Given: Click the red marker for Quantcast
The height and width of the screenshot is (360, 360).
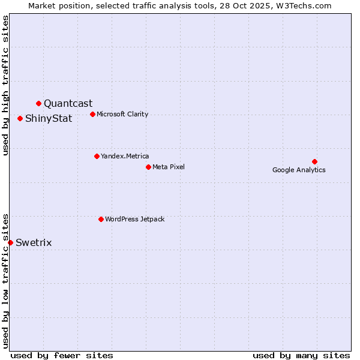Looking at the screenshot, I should click(x=38, y=104).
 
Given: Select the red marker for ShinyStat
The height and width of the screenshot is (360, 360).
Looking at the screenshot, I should click(x=20, y=119).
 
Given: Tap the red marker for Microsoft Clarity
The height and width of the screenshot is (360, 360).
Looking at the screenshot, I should click(x=92, y=115).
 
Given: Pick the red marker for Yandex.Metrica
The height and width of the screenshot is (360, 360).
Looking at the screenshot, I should click(x=97, y=157).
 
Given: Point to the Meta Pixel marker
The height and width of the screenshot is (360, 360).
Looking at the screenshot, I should click(x=148, y=167).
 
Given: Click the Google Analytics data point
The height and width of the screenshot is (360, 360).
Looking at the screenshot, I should click(x=314, y=161).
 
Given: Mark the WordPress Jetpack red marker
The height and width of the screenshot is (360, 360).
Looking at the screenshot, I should click(x=101, y=220).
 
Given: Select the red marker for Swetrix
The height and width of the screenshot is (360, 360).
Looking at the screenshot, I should click(x=10, y=242).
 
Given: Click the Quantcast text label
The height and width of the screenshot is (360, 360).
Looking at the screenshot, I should click(x=68, y=104).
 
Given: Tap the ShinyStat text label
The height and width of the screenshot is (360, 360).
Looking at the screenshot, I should click(x=49, y=119).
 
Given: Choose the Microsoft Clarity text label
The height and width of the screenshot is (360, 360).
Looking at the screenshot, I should click(x=122, y=115).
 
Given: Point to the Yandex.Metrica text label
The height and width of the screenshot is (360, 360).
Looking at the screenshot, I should click(x=125, y=157).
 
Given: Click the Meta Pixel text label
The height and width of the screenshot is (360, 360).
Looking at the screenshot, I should click(x=169, y=167).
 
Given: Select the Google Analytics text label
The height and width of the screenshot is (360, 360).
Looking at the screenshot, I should click(x=299, y=170).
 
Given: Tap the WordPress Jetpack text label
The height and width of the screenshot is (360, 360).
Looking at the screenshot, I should click(x=134, y=220).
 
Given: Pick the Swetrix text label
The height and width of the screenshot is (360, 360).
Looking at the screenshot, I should click(x=34, y=243).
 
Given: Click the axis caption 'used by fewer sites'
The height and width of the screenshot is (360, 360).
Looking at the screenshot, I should click(x=62, y=355).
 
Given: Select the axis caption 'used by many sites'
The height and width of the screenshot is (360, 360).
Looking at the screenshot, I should click(x=301, y=355).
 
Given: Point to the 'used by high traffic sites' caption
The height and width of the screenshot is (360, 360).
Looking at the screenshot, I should click(x=5, y=85).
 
